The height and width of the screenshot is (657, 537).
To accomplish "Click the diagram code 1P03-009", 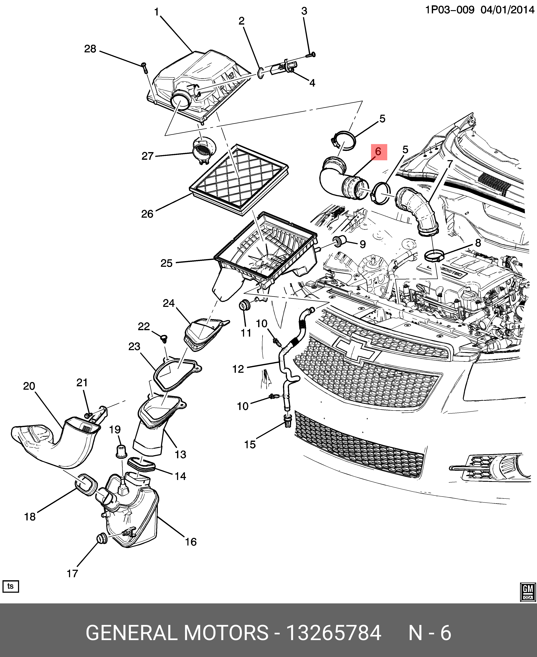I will coord(449,10).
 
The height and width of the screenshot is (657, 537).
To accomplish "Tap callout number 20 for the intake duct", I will coord(29,386).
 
